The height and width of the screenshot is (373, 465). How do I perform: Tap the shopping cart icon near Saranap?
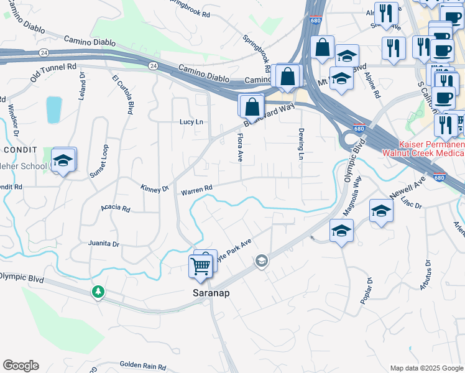point(201,267)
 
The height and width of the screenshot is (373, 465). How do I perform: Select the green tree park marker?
point(98,292)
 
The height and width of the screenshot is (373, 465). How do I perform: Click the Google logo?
point(21,366)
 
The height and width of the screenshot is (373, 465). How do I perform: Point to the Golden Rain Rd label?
point(140,364)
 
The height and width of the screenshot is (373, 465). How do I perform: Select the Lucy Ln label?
point(191,122)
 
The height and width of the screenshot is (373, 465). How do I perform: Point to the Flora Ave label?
point(241,147)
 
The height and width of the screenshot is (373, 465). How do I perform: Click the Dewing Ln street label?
point(301,144)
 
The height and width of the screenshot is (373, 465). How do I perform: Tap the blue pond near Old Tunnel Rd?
point(54,110)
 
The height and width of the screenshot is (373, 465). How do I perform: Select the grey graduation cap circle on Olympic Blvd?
point(262,261)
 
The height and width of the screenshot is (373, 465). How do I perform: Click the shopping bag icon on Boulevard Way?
point(252,107)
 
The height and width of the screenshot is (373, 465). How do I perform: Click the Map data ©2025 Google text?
point(426,368)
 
